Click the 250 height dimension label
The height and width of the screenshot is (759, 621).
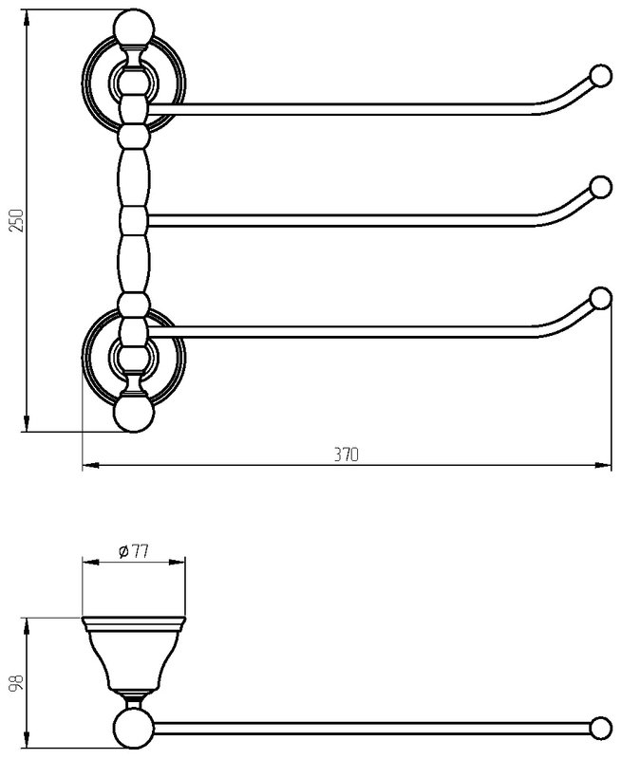pyautogui.click(x=17, y=220)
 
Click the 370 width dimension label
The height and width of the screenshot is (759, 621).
pyautogui.click(x=347, y=454)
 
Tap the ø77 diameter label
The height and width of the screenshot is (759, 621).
pyautogui.click(x=133, y=551)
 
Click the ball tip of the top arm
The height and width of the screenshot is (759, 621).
pyautogui.click(x=600, y=76)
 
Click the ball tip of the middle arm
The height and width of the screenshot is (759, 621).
pyautogui.click(x=601, y=187)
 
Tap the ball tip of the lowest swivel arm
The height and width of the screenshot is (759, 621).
pyautogui.click(x=601, y=298)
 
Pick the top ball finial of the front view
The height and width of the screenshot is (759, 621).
pyautogui.click(x=134, y=28)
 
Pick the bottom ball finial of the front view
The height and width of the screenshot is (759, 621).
pyautogui.click(x=134, y=414)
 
